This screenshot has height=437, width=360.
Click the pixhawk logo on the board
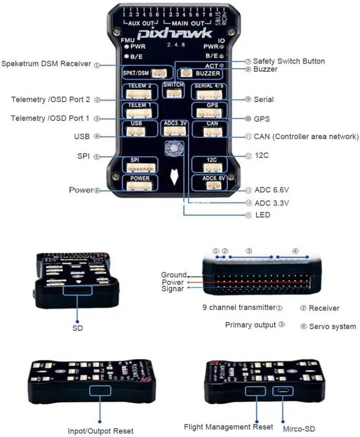[176, 33]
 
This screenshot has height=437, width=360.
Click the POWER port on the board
[140, 183]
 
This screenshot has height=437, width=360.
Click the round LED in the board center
[174, 147]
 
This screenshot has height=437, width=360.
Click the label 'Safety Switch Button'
[289, 61]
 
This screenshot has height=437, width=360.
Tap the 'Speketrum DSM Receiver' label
[46, 64]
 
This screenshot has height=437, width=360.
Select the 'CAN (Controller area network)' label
[306, 137]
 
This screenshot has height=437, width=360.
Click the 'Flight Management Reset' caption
[228, 427]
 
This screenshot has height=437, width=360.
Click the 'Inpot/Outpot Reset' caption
[100, 431]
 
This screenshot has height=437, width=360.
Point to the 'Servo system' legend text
[332, 326]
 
